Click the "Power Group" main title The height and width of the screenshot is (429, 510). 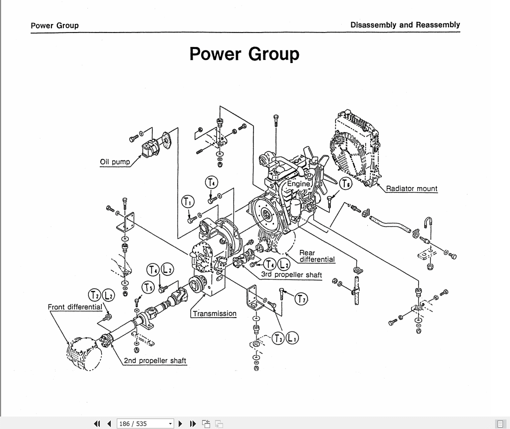coord(244,54)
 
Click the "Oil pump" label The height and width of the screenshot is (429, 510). coord(115,161)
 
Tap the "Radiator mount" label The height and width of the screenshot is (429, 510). coord(411,188)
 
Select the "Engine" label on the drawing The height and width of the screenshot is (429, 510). coord(298,183)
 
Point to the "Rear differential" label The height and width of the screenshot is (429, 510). coord(316,256)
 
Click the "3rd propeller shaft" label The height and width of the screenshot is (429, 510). coord(291,274)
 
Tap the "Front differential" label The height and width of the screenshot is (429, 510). coord(75,307)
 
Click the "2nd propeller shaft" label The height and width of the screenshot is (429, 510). coord(155,360)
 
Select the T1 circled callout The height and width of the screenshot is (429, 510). coord(187,202)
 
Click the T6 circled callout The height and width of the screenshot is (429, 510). coord(345,183)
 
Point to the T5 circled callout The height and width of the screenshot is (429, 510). coord(148,287)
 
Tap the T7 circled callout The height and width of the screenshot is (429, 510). coord(301,299)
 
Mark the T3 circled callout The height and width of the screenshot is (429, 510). coord(278,338)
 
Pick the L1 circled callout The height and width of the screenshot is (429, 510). coord(291,338)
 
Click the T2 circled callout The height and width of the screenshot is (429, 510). coord(94,295)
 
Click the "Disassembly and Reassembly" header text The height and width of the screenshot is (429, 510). coord(405,24)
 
